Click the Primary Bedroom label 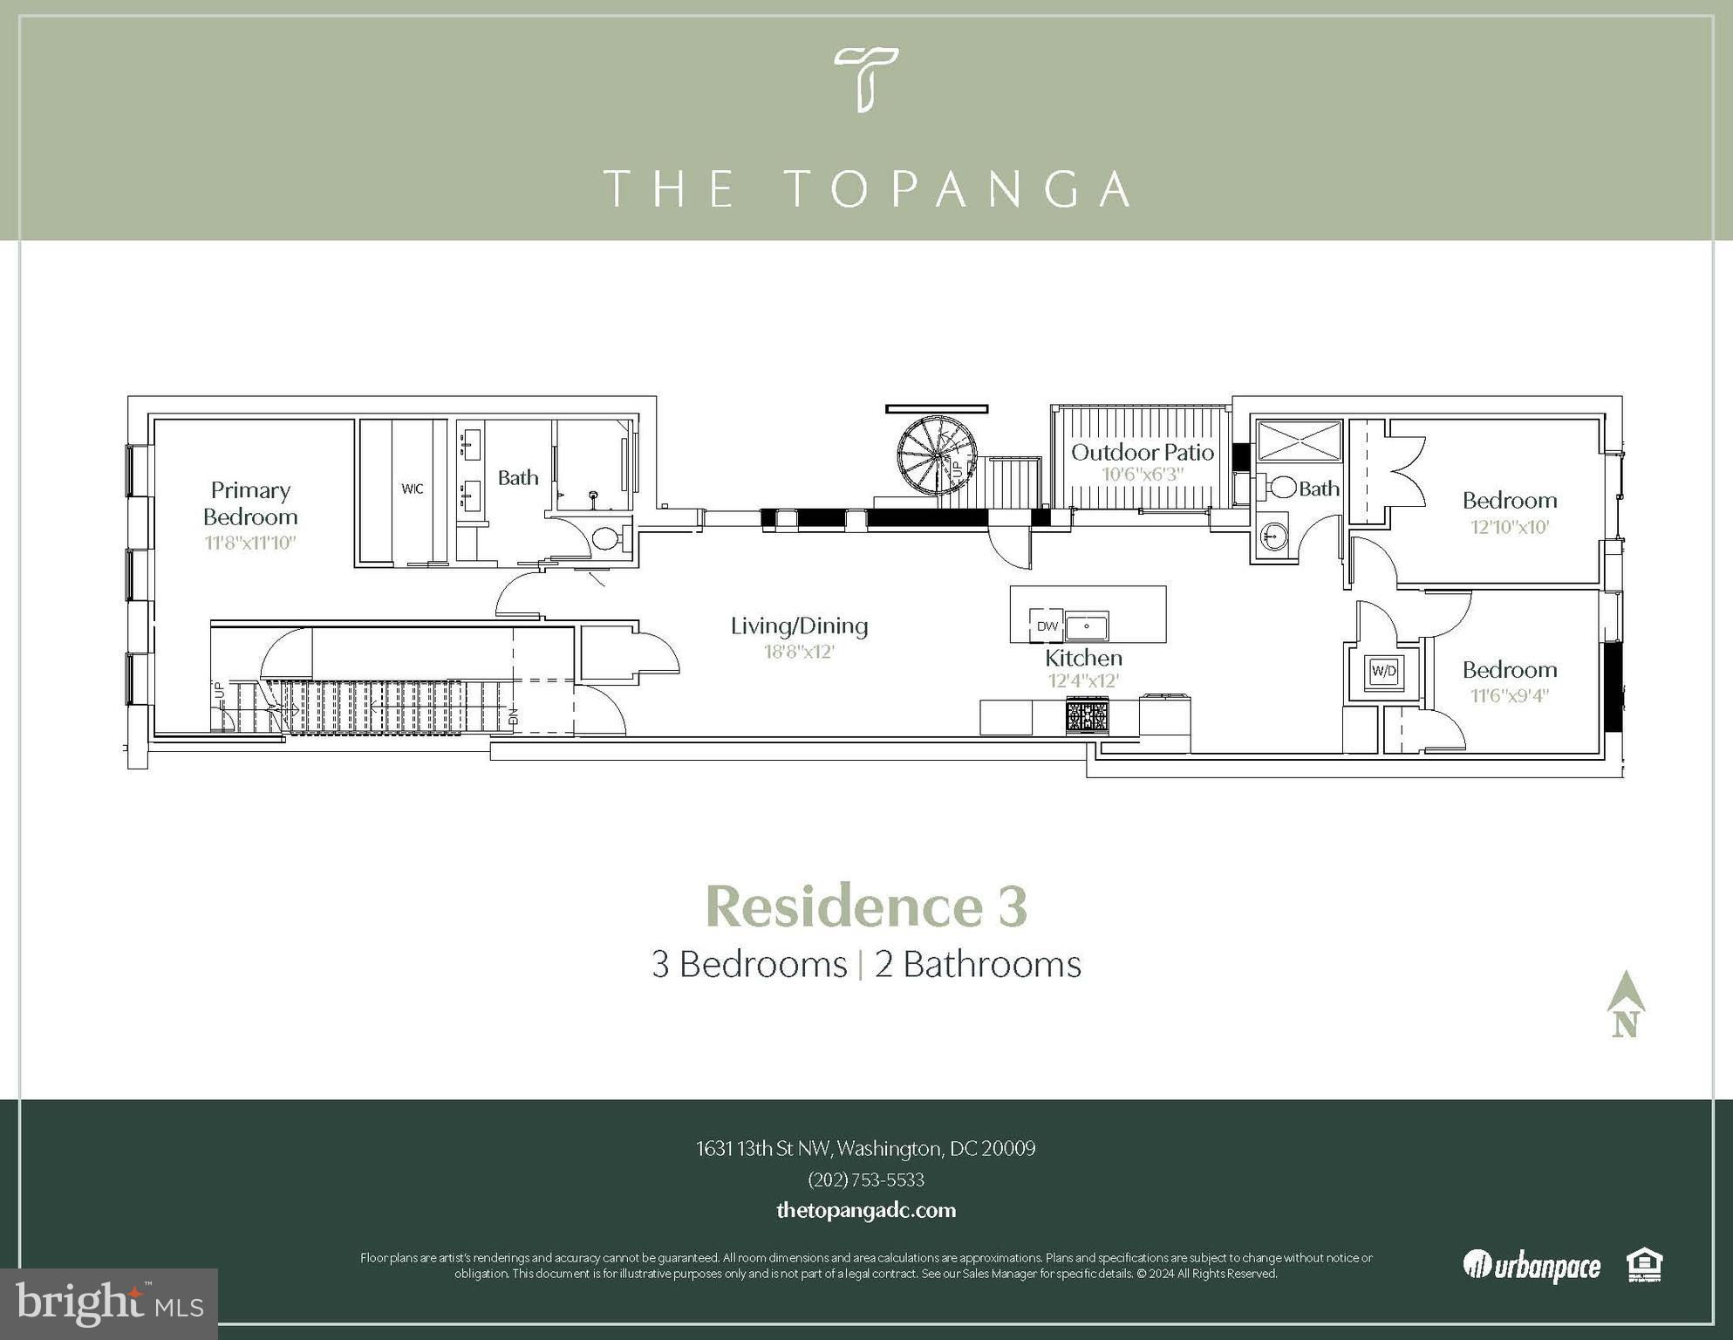point(250,503)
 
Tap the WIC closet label point(413,489)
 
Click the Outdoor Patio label point(1143,452)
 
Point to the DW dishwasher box point(1047,626)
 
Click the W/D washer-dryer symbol point(1384,671)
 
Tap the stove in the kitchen point(1087,717)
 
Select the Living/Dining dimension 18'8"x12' point(800,652)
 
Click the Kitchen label point(1084,658)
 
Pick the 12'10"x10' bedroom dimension point(1510,527)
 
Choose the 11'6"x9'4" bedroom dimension point(1510,696)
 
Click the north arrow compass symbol point(1626,1003)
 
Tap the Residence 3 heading point(866,906)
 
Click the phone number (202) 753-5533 point(866,1179)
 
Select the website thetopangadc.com point(866,1210)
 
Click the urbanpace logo point(1532,1266)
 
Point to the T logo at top point(866,79)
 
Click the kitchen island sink point(1087,626)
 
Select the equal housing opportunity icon point(1644,1266)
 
